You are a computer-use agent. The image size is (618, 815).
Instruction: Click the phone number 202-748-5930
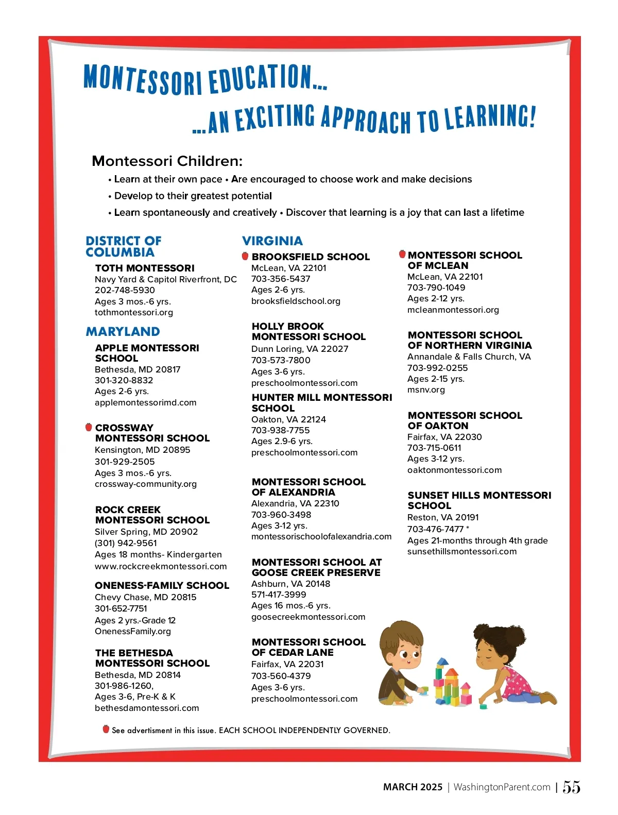pos(125,290)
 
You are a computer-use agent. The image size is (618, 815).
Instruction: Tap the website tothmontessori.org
pos(134,312)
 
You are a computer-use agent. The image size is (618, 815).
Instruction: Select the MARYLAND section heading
pos(123,331)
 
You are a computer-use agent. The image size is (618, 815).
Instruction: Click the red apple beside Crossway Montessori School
pos(89,427)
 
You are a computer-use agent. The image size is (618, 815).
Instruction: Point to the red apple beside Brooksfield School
pos(245,256)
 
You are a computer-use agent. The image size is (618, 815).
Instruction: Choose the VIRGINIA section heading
pos(272,241)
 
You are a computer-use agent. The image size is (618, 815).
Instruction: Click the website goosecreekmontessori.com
pos(308,617)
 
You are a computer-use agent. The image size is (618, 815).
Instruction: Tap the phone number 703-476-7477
pos(435,529)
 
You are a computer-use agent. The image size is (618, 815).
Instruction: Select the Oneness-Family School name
pos(162,585)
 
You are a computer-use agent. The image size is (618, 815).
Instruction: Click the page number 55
pos(571,787)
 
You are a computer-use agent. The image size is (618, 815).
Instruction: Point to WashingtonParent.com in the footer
pos(502,787)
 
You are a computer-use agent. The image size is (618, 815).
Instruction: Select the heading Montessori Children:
pos(167,161)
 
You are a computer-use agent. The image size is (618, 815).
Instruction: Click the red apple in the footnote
pos(106,729)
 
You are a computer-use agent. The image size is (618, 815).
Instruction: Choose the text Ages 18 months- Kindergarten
pos(158,554)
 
